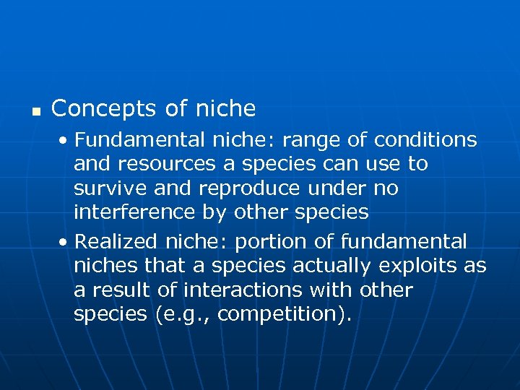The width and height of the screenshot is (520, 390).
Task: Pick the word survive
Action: point(110,189)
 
